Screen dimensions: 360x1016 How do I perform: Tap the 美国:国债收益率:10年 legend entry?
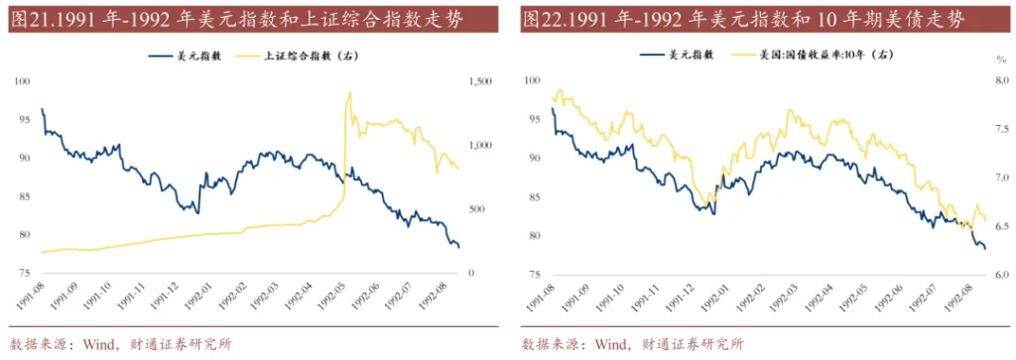point(820,57)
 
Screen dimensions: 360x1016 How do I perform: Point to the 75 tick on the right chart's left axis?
point(533,274)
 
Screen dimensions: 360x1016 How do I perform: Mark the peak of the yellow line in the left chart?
point(349,92)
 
